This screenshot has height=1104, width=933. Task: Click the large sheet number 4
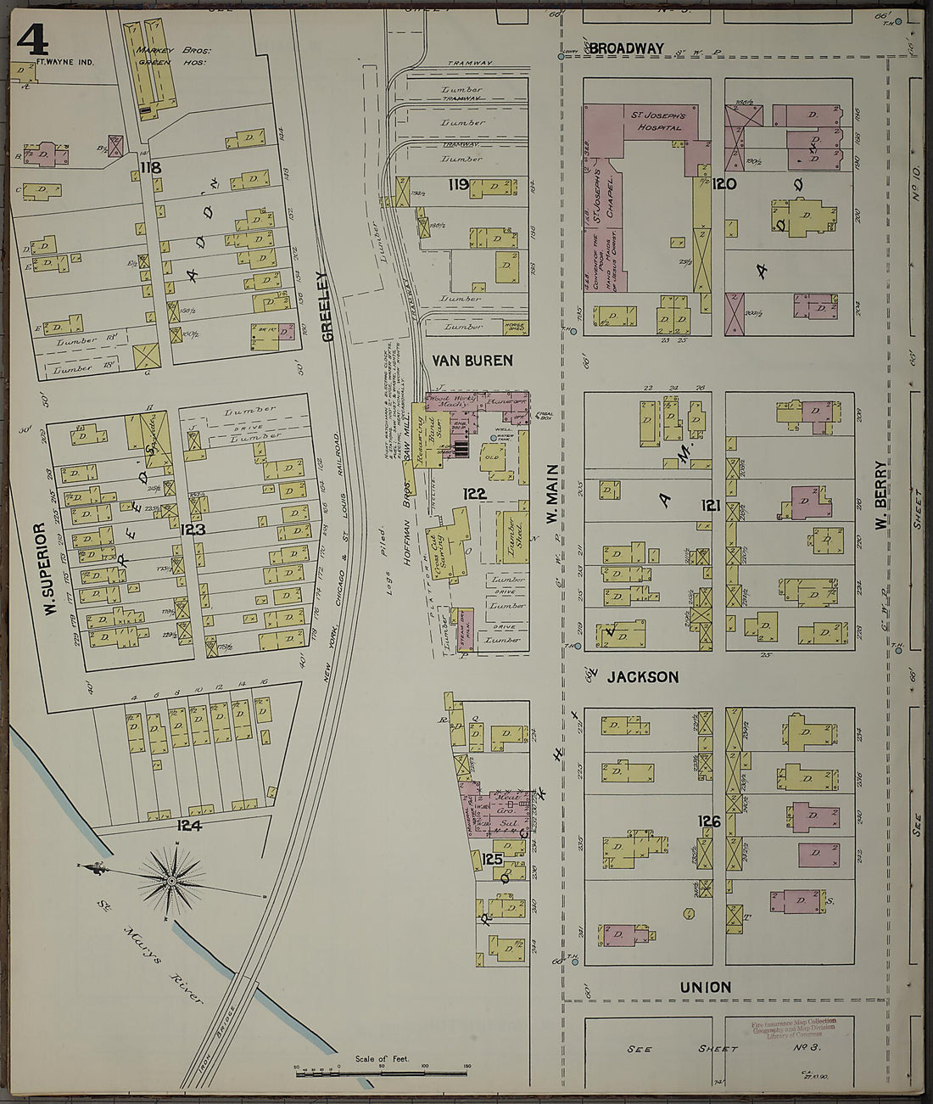(31, 39)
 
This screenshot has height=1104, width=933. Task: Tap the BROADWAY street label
(626, 48)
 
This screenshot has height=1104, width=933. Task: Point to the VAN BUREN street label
(472, 361)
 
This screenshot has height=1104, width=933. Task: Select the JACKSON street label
(642, 677)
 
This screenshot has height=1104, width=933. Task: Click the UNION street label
(705, 987)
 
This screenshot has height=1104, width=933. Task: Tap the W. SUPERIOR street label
(40, 569)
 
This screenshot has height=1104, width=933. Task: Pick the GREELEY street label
(327, 305)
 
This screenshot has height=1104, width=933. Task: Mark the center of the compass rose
(172, 881)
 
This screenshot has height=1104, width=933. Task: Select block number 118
(151, 168)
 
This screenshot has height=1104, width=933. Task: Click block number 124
(189, 825)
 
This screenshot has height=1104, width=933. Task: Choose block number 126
(709, 821)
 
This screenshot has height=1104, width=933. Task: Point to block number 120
(723, 184)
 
